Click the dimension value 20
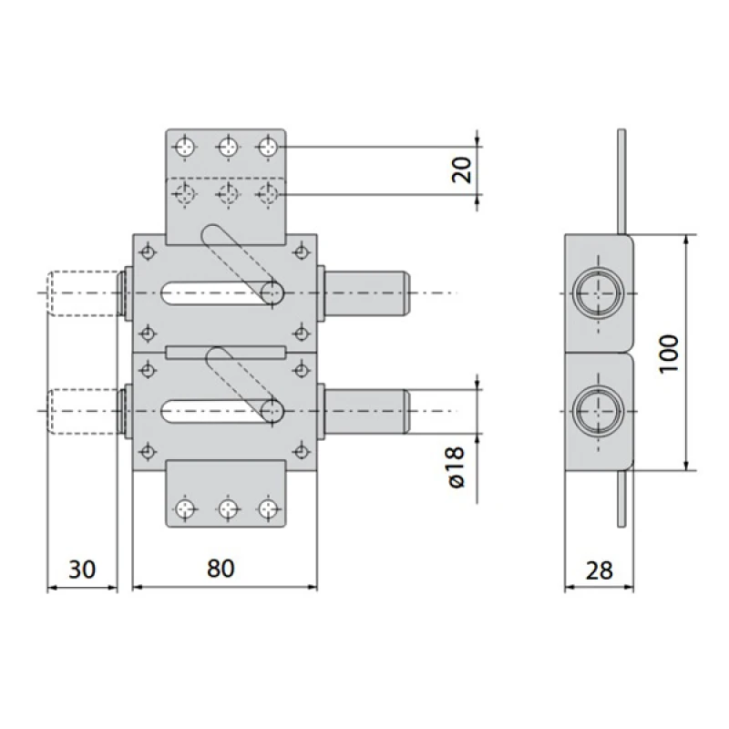462,170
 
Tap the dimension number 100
669,353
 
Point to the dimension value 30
82,569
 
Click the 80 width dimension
221,568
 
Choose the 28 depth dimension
600,570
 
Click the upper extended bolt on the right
367,293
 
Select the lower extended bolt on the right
367,412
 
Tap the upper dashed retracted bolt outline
83,293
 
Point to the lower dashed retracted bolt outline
84,412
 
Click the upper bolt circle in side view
598,293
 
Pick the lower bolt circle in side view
598,412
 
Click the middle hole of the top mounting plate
228,148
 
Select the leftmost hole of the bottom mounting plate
186,508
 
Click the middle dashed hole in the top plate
228,193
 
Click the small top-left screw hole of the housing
148,253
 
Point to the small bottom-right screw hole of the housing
302,451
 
